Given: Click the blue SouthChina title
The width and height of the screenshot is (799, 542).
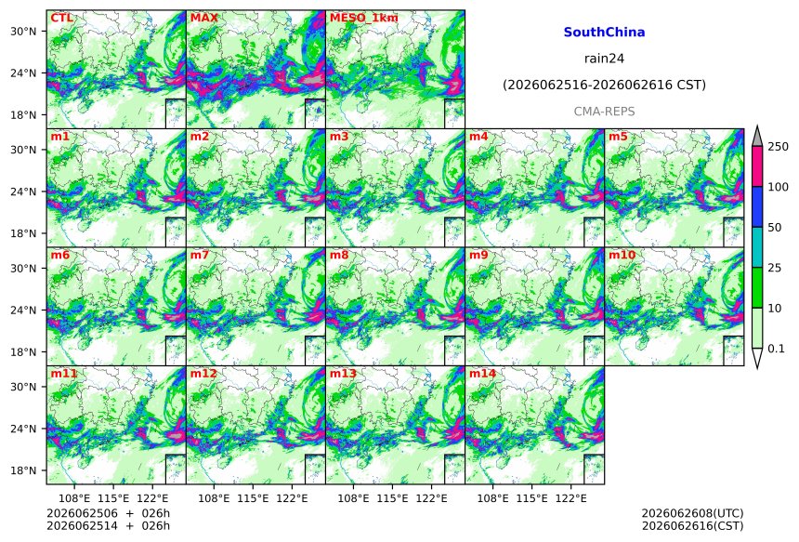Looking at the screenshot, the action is pyautogui.click(x=604, y=33).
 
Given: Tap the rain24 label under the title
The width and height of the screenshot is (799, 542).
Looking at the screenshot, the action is pyautogui.click(x=604, y=59).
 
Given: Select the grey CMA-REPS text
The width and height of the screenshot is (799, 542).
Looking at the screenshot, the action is pyautogui.click(x=604, y=112).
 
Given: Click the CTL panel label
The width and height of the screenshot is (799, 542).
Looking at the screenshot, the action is pyautogui.click(x=61, y=18).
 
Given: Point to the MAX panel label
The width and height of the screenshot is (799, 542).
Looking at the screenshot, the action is pyautogui.click(x=203, y=18).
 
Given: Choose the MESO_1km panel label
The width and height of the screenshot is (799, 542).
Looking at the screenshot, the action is pyautogui.click(x=364, y=19).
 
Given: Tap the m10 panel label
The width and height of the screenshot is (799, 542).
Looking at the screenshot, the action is pyautogui.click(x=622, y=255).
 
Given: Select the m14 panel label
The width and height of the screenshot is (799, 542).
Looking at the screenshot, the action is pyautogui.click(x=482, y=374).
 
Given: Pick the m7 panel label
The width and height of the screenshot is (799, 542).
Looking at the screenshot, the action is pyautogui.click(x=200, y=255).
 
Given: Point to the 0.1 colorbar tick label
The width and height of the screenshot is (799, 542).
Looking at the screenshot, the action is pyautogui.click(x=776, y=349).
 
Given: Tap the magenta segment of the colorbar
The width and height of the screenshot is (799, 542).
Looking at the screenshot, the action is pyautogui.click(x=758, y=166).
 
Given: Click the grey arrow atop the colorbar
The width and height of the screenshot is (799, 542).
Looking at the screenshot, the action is pyautogui.click(x=758, y=138).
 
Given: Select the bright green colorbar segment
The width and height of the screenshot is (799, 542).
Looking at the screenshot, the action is pyautogui.click(x=758, y=287).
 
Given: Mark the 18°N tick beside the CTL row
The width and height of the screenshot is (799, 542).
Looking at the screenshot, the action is pyautogui.click(x=23, y=115).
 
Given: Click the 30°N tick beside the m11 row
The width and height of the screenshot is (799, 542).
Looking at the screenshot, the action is pyautogui.click(x=23, y=387).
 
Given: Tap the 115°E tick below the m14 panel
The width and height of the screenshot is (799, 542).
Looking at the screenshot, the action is pyautogui.click(x=532, y=498).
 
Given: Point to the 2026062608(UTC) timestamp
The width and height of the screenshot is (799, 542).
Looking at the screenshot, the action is pyautogui.click(x=692, y=513).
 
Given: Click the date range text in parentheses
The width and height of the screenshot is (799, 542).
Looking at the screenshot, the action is pyautogui.click(x=604, y=85).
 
